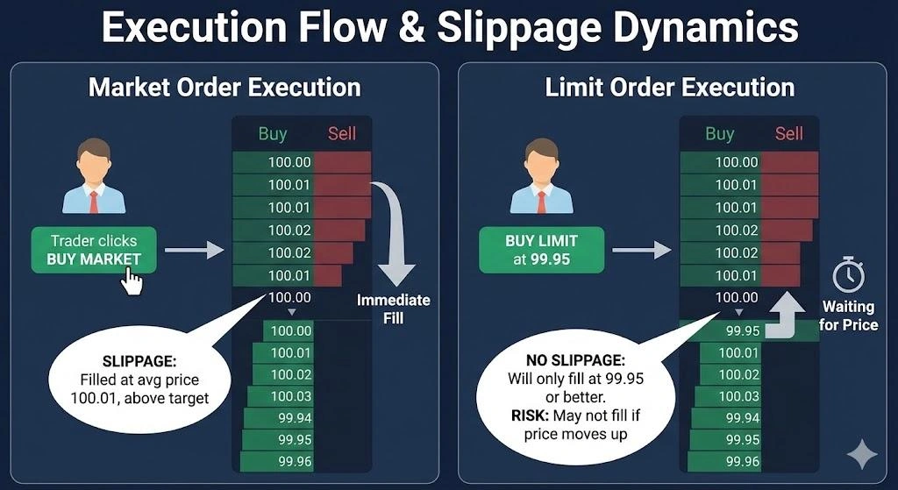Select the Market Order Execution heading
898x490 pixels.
coord(224,88)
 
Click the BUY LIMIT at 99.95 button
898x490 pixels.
coord(541,250)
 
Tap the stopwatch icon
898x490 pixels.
coord(848,275)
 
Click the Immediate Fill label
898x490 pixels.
coord(393,309)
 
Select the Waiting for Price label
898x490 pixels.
coord(847,316)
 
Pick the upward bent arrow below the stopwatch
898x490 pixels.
coord(786,316)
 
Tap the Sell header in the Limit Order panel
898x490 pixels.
coord(789,133)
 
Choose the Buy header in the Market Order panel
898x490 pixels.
coord(273,133)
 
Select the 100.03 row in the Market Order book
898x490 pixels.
coord(290,396)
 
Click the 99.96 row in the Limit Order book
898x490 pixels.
coord(742,460)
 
